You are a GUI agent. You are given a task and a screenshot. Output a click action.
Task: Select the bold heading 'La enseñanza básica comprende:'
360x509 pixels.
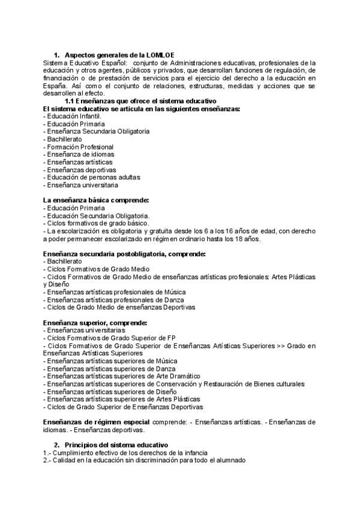[x=96, y=200]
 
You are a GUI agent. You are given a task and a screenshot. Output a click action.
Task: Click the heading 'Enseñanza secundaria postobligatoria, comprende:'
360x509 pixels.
[x=125, y=254]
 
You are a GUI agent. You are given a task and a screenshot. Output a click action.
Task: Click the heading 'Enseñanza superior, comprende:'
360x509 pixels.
[x=96, y=323]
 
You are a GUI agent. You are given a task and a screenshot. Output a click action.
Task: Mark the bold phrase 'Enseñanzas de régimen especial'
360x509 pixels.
[x=96, y=422]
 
